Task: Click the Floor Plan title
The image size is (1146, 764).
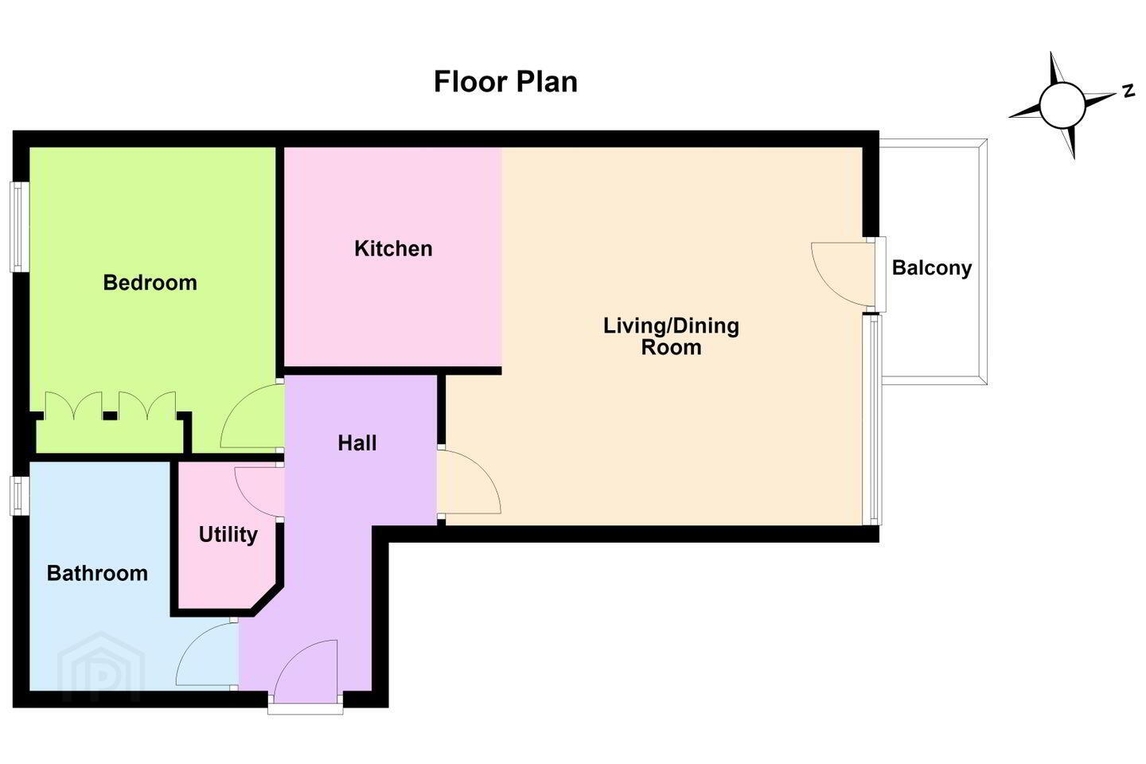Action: (505, 82)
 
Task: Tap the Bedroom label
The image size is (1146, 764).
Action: (150, 283)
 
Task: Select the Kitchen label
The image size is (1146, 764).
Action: (393, 248)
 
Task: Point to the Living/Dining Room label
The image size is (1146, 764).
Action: (671, 336)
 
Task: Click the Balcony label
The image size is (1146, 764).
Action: (932, 267)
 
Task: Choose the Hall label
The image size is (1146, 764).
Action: (357, 443)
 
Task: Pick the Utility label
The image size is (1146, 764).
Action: (228, 535)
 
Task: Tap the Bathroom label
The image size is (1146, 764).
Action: (97, 573)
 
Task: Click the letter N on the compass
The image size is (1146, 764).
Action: (1128, 91)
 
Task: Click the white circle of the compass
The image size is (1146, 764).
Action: (1062, 106)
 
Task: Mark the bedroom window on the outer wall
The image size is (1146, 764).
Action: (19, 227)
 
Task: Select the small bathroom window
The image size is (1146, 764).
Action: (19, 495)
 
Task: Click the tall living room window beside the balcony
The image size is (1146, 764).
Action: (872, 419)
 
